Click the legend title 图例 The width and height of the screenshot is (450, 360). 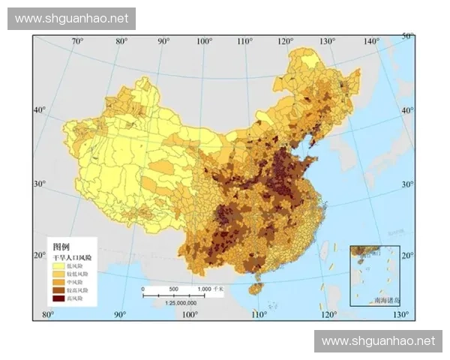pos(61,246)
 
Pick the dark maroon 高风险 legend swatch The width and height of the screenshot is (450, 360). pos(58,298)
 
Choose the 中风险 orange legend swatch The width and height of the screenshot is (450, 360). pos(58,282)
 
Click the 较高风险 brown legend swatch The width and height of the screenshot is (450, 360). pos(58,290)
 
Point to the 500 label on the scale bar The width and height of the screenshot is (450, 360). pos(172,289)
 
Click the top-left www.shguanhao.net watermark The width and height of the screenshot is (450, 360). pos(71,18)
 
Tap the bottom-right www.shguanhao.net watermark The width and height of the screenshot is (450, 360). pos(378,341)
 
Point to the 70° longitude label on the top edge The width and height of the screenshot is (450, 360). pos(77,40)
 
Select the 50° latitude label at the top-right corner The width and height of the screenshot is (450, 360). pos(407,36)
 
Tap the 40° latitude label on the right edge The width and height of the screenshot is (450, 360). pos(407,110)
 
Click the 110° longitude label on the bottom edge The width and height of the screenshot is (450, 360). pos(258,313)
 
